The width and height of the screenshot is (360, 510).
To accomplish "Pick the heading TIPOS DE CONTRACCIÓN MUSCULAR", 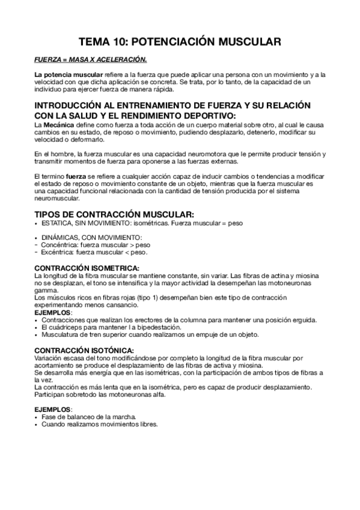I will [x=114, y=215].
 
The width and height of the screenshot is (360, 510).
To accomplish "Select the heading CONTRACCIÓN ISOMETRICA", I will [x=87, y=268].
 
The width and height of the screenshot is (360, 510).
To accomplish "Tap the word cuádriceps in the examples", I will [x=64, y=327].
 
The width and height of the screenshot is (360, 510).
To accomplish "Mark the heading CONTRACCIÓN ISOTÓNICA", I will [x=84, y=350].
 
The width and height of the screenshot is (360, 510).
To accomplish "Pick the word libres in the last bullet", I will [x=148, y=424].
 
